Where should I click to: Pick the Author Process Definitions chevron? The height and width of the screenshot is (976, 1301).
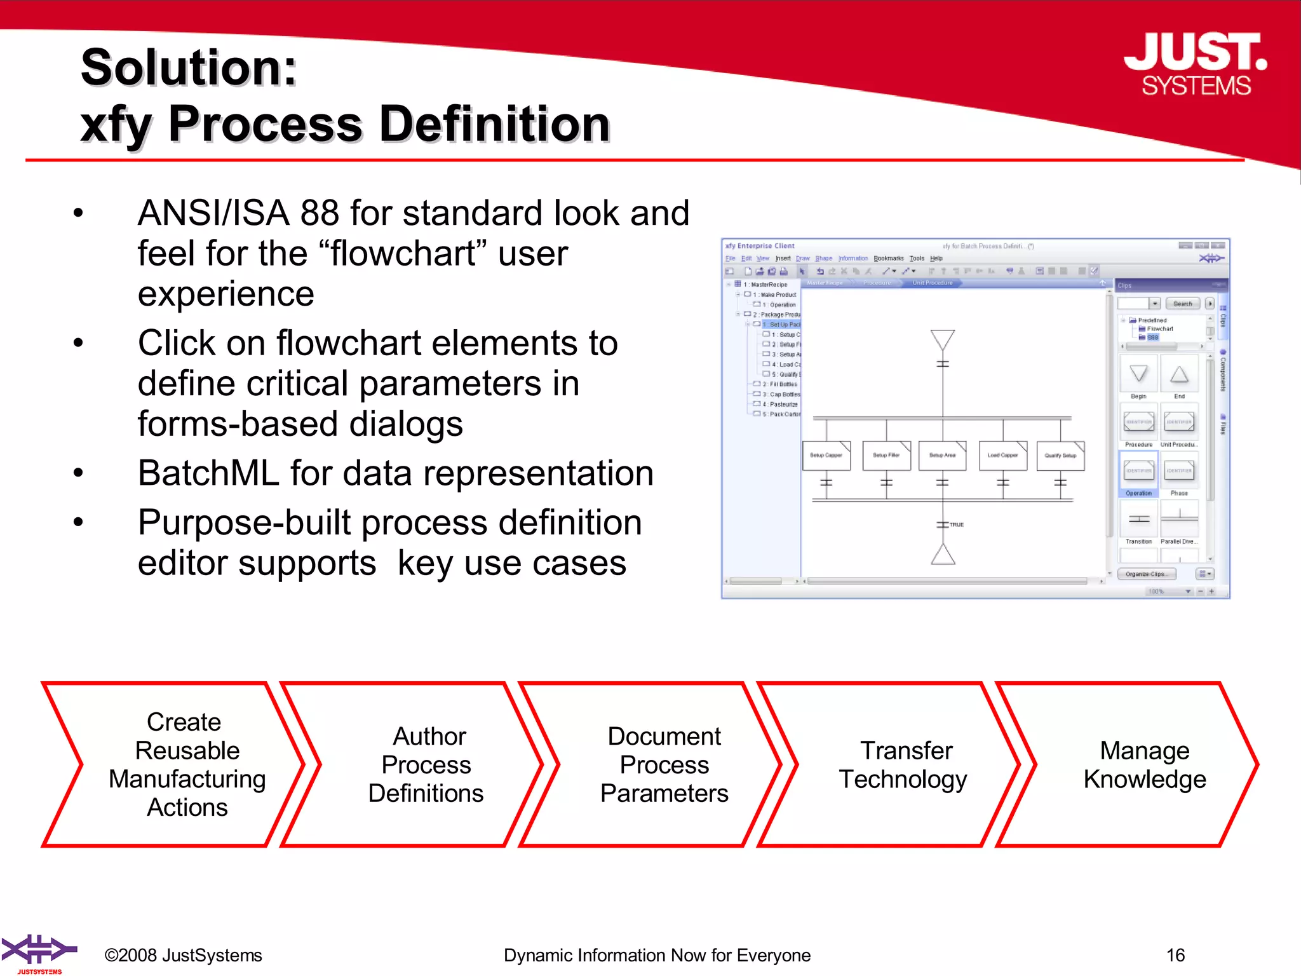coord(426,764)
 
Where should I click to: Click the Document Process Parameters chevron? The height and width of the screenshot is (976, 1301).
coord(664,764)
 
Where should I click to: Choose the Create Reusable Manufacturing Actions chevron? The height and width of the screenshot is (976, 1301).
coord(186,764)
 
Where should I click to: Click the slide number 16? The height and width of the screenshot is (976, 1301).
coord(1175,955)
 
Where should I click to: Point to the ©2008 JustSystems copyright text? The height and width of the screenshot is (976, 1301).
coord(183,955)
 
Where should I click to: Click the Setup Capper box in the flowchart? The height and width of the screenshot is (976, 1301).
coord(826,456)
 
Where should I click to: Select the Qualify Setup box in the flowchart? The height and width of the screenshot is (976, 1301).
coord(1060,456)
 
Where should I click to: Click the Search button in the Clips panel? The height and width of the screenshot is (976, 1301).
coord(1182,304)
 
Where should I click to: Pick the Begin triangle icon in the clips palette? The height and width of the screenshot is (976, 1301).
coord(1138,374)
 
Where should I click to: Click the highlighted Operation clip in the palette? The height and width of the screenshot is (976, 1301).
coord(1138,473)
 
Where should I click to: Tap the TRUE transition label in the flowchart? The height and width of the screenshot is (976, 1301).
coord(957,525)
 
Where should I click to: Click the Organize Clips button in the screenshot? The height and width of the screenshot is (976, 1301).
coord(1146,574)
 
